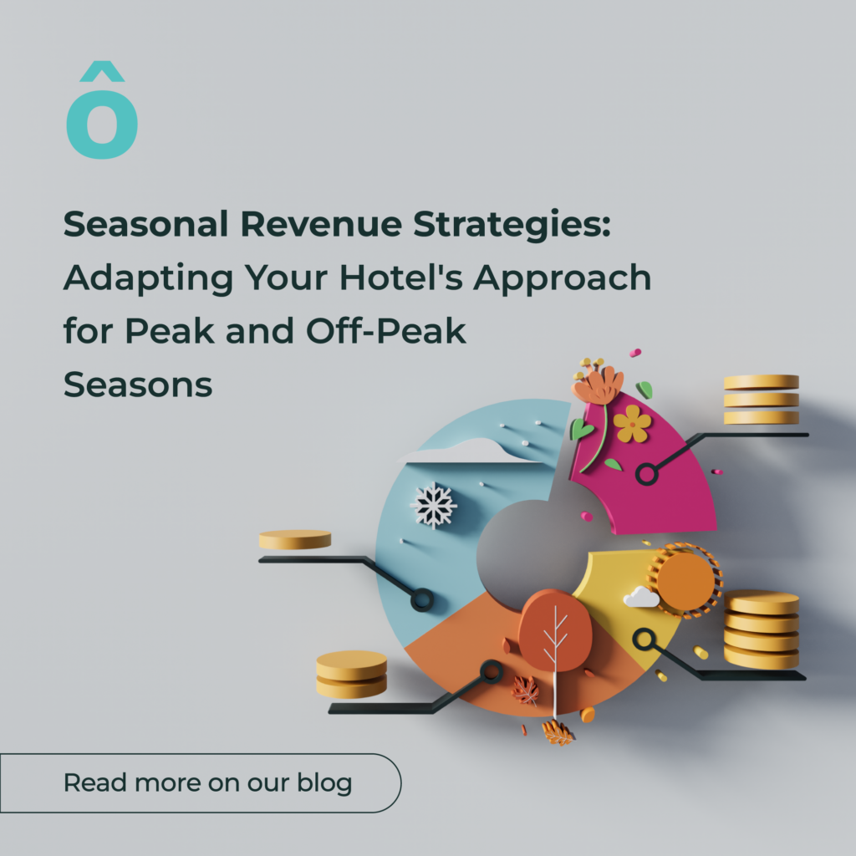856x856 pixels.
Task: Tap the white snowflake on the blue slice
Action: pos(433,505)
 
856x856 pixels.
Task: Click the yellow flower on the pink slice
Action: pos(632,424)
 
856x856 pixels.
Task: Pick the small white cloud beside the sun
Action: pos(641,597)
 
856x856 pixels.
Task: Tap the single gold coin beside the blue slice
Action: pos(294,539)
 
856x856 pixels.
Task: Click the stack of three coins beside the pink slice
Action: pos(761,399)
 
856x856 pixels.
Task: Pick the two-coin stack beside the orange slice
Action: pos(351,674)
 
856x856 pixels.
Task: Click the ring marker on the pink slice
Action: pos(645,475)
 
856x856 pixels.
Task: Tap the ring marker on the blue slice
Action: pos(422,599)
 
